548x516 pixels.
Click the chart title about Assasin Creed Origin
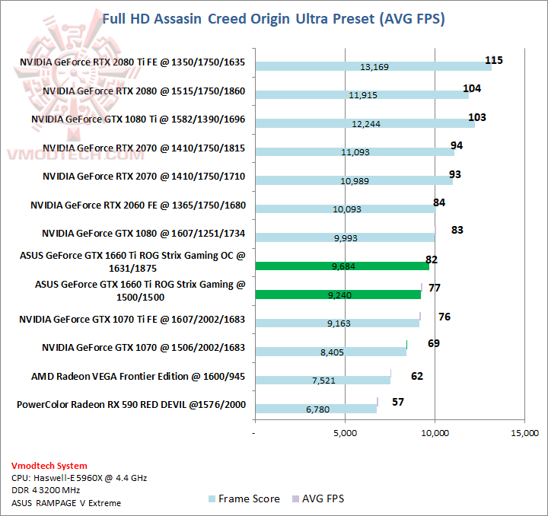(273, 18)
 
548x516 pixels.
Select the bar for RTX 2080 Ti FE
(373, 67)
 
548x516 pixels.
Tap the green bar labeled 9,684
(342, 266)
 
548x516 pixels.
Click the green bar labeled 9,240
(338, 294)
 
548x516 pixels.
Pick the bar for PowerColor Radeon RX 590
(316, 409)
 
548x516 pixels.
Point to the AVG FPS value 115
(495, 60)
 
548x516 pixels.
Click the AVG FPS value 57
(398, 401)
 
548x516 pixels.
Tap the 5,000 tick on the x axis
(345, 435)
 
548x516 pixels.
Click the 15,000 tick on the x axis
(524, 435)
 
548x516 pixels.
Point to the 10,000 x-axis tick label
(435, 435)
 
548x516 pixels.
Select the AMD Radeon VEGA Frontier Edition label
(139, 376)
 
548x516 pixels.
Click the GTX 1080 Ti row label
(138, 119)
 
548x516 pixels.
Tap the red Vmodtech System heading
(49, 466)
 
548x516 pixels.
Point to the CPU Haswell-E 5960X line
(79, 478)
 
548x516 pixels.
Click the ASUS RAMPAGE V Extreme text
(66, 502)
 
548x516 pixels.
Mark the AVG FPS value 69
(434, 343)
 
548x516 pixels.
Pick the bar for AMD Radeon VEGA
(323, 380)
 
